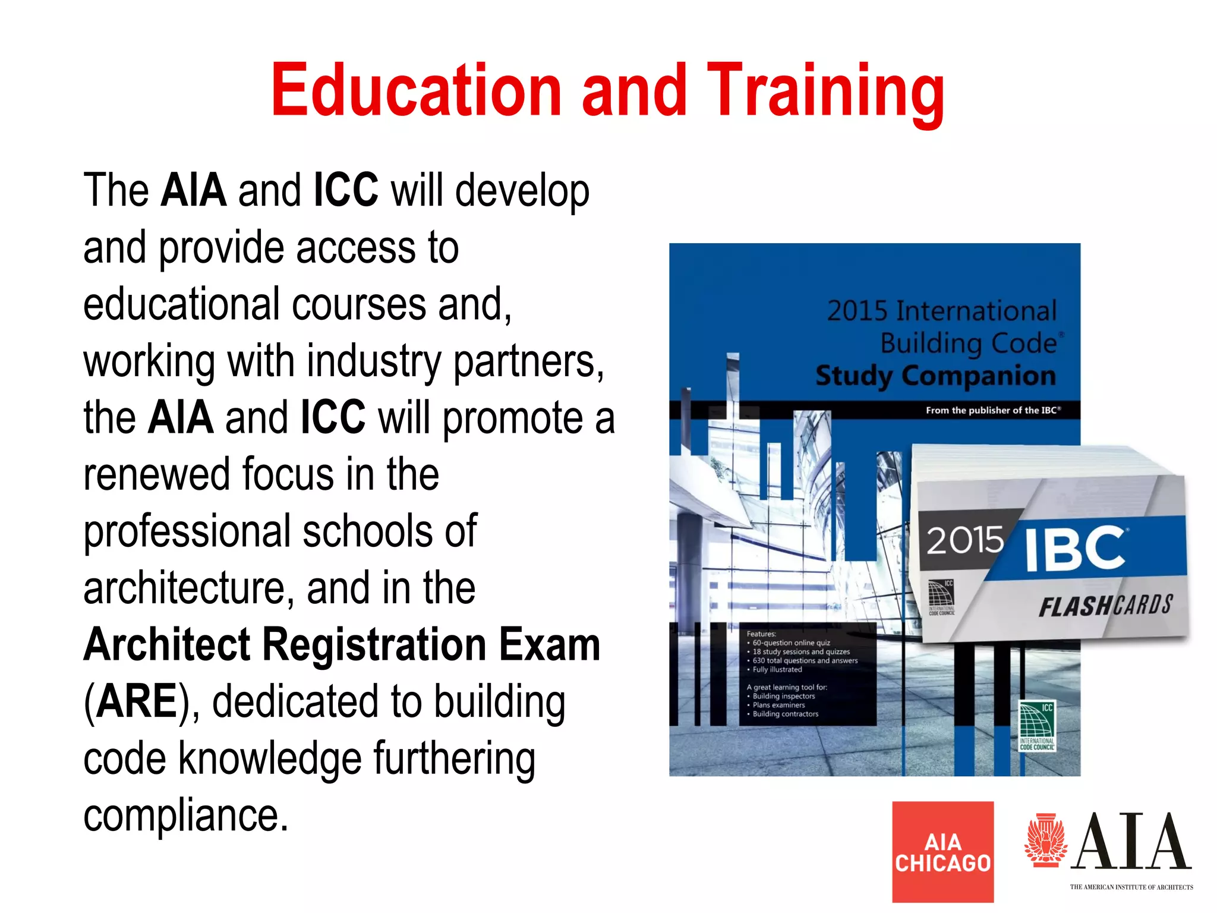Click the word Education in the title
pyautogui.click(x=416, y=90)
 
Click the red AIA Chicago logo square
pyautogui.click(x=942, y=851)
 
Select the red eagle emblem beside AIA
pyautogui.click(x=1046, y=840)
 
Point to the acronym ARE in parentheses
pyautogui.click(x=136, y=701)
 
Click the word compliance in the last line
pyautogui.click(x=185, y=816)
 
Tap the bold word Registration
pyautogui.click(x=374, y=645)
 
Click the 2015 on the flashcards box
pyautogui.click(x=964, y=540)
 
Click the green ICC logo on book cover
pyautogui.click(x=1037, y=725)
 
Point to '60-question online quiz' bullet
pyautogui.click(x=791, y=643)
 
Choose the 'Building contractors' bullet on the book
pyautogui.click(x=785, y=714)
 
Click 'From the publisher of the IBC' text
pyautogui.click(x=992, y=410)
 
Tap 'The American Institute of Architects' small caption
pyautogui.click(x=1131, y=887)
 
